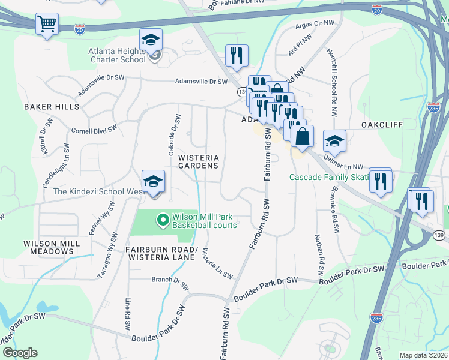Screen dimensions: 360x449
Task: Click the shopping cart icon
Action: (x=47, y=25)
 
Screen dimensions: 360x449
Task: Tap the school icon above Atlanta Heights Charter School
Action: (x=151, y=40)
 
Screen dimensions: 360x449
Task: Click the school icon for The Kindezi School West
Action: (x=153, y=182)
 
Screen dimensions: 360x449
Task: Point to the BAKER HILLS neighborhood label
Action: (x=52, y=107)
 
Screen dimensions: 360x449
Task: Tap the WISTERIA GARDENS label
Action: (x=198, y=161)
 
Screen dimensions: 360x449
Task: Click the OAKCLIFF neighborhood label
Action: (x=381, y=125)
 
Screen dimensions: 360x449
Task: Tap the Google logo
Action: (x=20, y=353)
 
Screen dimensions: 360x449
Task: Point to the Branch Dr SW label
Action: (x=170, y=279)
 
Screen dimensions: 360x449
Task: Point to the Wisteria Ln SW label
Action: (x=217, y=263)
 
